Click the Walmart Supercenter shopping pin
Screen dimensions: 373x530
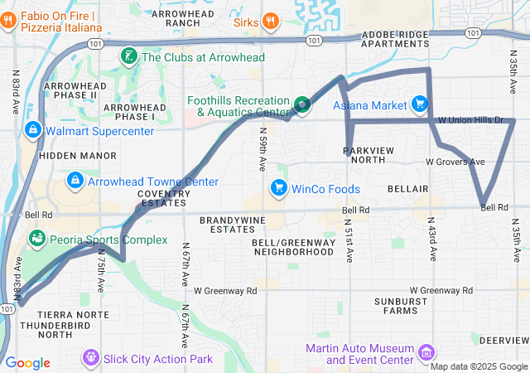click(x=32, y=130)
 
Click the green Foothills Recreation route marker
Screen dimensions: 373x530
click(x=302, y=104)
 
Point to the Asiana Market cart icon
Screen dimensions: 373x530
click(x=420, y=105)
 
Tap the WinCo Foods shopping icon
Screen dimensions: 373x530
click(x=278, y=189)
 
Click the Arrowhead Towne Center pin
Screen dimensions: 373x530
click(x=75, y=182)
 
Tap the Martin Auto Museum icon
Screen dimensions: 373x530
click(x=426, y=354)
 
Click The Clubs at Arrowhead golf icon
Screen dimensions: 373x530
click(x=129, y=57)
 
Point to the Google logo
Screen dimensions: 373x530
click(x=27, y=363)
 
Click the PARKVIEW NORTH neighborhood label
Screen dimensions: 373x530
click(x=374, y=154)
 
